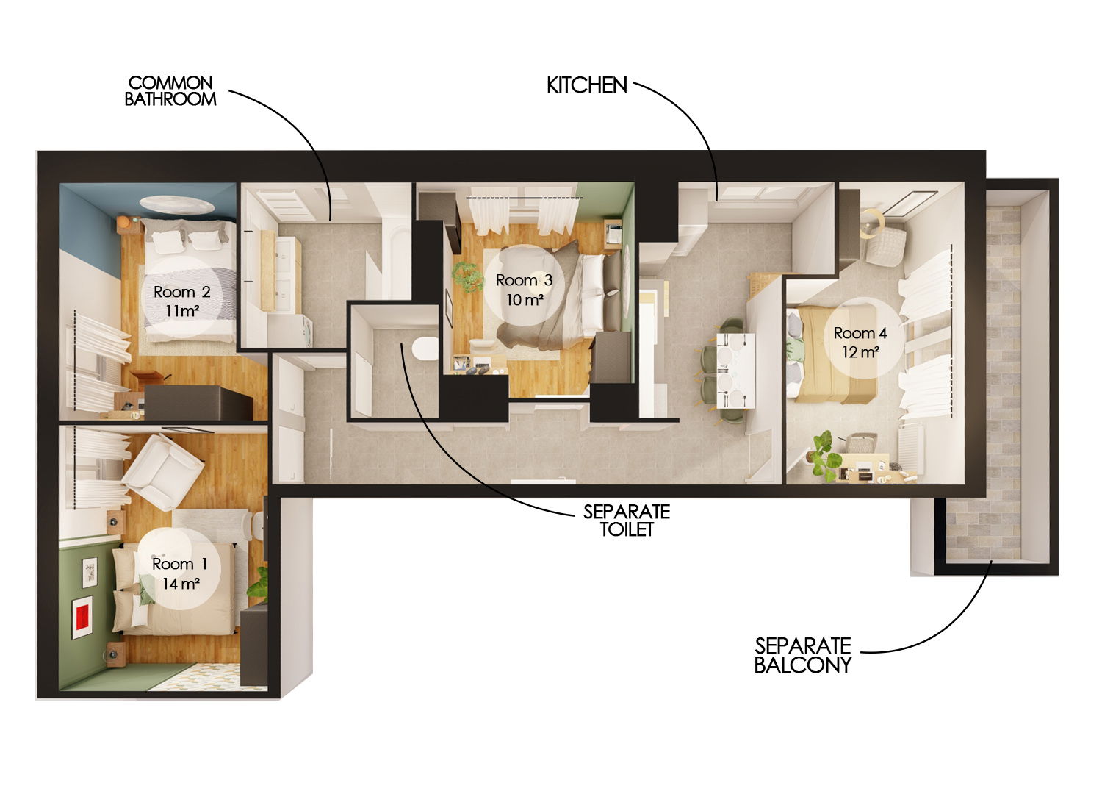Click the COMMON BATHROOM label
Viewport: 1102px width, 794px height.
[x=170, y=91]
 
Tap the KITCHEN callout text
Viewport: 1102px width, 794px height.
[x=586, y=85]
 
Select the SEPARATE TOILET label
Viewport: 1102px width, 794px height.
[x=626, y=520]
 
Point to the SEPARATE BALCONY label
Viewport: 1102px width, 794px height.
[x=802, y=655]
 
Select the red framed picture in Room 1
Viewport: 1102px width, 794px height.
[x=82, y=616]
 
